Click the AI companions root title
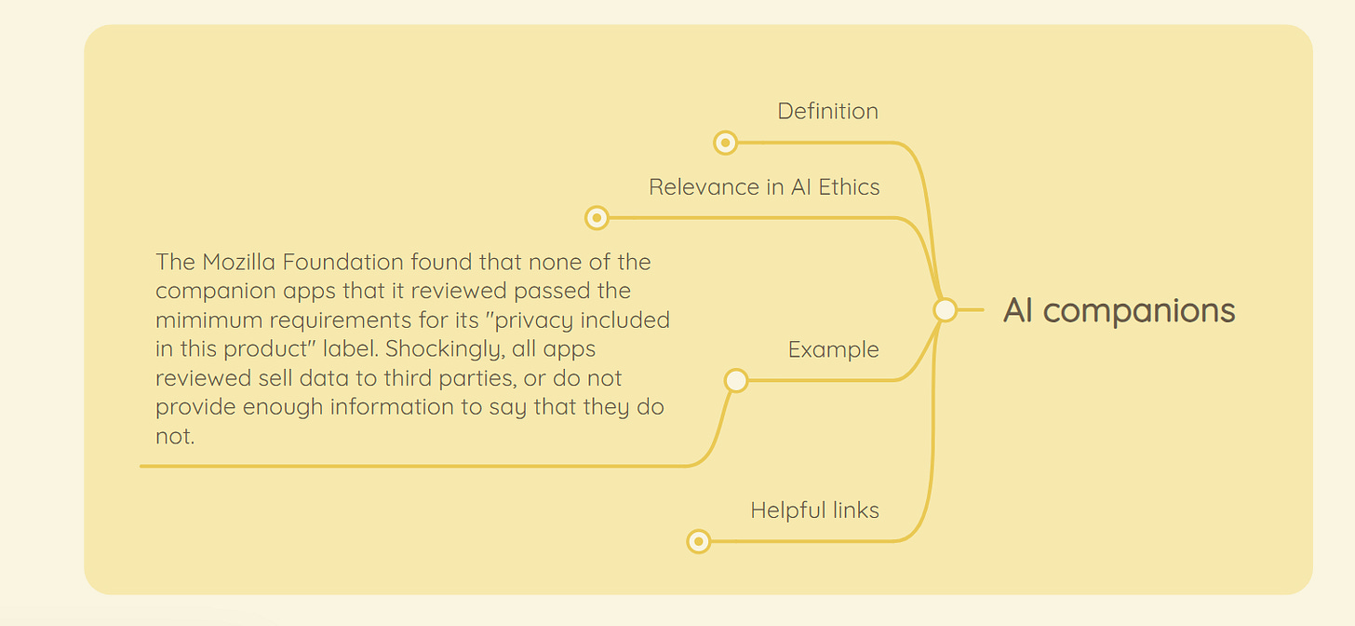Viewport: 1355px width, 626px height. [x=1119, y=310]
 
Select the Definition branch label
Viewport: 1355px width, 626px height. [x=827, y=111]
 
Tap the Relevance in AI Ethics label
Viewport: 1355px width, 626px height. [x=764, y=187]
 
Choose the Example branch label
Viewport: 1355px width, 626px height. [x=833, y=350]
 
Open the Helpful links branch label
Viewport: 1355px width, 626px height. [x=814, y=510]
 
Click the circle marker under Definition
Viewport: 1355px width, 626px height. [x=725, y=143]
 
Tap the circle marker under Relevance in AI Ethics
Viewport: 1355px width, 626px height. [x=597, y=218]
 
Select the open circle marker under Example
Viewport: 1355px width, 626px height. [x=736, y=380]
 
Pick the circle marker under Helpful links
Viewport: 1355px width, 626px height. [x=698, y=541]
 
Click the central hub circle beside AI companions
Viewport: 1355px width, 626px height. [x=945, y=310]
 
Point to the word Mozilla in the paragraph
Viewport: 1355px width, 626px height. [x=235, y=262]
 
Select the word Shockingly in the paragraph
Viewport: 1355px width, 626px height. [x=445, y=349]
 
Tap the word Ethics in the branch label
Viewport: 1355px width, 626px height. [x=847, y=187]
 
